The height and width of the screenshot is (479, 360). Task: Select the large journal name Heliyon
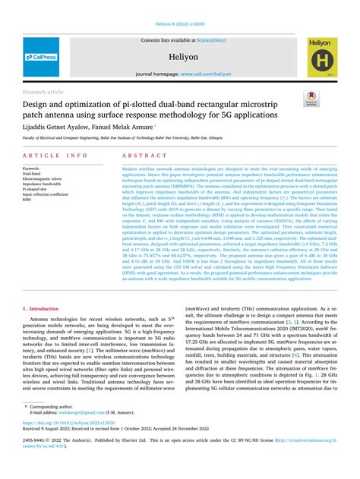(179, 55)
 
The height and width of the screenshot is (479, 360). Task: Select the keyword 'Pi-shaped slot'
(36, 188)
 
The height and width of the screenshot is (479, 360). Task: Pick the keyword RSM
(27, 199)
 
